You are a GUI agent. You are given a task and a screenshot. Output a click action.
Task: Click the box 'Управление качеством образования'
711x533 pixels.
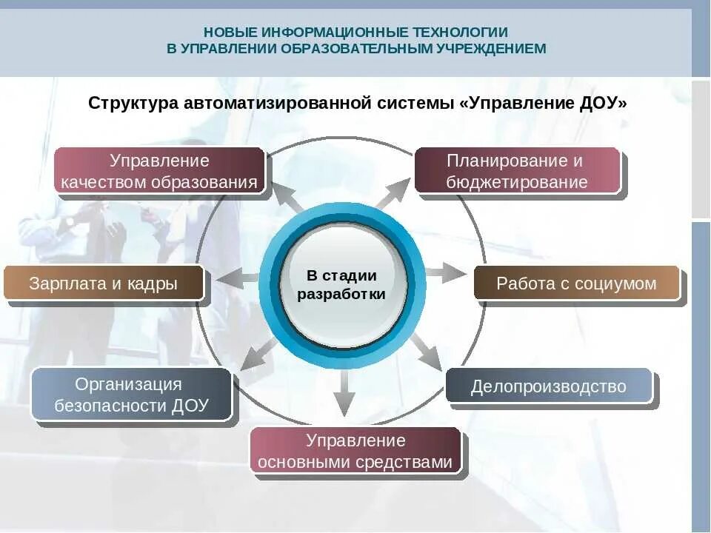tap(159, 171)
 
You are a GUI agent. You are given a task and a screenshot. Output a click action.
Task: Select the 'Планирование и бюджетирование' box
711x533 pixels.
tap(517, 171)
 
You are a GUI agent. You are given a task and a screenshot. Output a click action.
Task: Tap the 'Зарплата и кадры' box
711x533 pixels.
tap(104, 284)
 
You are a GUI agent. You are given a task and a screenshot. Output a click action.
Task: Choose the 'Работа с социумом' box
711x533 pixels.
tap(576, 284)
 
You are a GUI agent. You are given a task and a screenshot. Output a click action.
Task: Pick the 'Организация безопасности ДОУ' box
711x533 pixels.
tap(132, 395)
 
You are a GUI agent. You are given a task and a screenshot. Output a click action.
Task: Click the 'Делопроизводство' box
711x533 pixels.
tap(548, 386)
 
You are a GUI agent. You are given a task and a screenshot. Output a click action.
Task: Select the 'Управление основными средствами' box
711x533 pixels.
tap(355, 452)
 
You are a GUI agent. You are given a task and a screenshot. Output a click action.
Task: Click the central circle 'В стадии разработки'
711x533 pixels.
tap(342, 285)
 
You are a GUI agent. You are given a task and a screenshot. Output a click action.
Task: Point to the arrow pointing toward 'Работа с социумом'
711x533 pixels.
tap(447, 273)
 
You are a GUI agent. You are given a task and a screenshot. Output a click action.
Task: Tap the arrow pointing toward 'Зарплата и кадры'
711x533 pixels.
tap(236, 278)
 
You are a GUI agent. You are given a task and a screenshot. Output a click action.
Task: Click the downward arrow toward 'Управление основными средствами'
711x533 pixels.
tap(343, 392)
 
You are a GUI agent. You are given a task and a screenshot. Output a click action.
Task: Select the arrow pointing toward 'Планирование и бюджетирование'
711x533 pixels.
tap(393, 192)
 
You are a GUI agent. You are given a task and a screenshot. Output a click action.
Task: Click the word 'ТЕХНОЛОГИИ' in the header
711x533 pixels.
tap(466, 33)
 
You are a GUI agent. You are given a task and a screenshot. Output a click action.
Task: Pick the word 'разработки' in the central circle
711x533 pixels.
tap(341, 294)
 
